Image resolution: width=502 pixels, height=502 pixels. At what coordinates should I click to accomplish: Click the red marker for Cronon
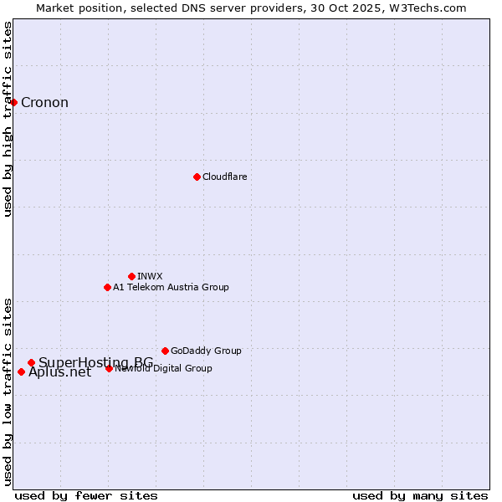click(x=14, y=102)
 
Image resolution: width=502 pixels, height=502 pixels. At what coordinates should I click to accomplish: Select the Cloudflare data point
click(x=197, y=177)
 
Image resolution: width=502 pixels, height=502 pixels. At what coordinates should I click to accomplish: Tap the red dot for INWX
click(x=131, y=276)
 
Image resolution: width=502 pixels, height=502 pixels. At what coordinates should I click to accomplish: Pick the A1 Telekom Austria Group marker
click(x=107, y=287)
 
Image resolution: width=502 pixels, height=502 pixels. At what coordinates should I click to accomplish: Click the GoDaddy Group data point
click(x=165, y=351)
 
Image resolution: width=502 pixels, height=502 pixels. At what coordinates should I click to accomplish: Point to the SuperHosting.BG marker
click(x=31, y=362)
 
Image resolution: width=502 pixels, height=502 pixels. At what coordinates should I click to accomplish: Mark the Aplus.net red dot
click(x=21, y=371)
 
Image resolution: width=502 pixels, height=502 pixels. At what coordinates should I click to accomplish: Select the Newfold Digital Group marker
click(x=109, y=368)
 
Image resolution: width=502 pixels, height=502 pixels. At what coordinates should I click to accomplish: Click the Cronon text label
click(x=44, y=103)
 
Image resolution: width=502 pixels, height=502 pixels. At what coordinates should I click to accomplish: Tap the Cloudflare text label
click(x=224, y=177)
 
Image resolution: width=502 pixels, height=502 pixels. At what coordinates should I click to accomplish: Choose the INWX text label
click(x=150, y=276)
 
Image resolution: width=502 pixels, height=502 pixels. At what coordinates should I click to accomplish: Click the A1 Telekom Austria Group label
click(x=171, y=287)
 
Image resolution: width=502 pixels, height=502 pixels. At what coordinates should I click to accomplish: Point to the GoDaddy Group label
click(x=206, y=351)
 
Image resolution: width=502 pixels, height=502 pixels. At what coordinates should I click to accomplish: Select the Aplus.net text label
click(x=59, y=373)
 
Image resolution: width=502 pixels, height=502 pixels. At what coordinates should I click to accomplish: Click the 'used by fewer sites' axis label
click(x=86, y=495)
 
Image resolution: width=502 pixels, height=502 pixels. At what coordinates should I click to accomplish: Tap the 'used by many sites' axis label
click(x=420, y=495)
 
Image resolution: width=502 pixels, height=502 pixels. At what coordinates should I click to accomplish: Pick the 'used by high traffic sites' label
click(x=8, y=119)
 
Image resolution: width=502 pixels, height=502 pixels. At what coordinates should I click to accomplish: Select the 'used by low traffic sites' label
click(x=8, y=391)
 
